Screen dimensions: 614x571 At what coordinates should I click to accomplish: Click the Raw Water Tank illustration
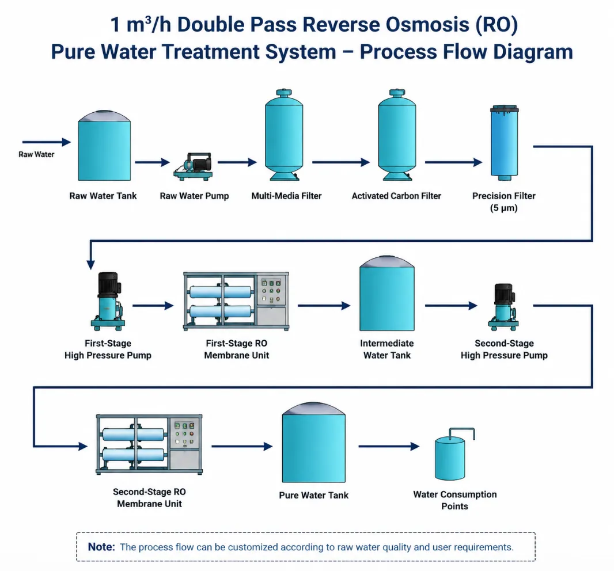[x=104, y=146]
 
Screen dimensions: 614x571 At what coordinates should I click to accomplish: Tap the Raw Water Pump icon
[x=194, y=166]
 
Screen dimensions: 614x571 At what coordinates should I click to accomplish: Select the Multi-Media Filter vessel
[x=284, y=135]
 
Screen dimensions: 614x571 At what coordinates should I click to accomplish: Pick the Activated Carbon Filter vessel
[x=397, y=135]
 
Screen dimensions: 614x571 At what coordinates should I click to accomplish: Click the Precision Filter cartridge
[x=505, y=143]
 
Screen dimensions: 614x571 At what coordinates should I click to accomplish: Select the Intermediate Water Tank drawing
[x=387, y=294]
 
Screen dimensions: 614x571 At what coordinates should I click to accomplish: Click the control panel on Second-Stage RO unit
[x=184, y=434]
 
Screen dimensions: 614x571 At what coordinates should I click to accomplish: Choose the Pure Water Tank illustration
[x=314, y=442]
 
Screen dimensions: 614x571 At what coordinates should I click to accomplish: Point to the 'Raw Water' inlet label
[x=36, y=155]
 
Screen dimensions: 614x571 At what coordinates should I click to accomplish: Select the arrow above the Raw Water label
[x=47, y=142]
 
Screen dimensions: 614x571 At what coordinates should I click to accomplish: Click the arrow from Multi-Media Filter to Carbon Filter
[x=341, y=162]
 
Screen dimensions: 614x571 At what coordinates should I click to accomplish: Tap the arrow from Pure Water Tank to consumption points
[x=389, y=446]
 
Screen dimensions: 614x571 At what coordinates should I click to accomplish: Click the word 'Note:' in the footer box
[x=101, y=547]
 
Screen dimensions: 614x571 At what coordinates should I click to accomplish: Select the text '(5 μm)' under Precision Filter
[x=504, y=208]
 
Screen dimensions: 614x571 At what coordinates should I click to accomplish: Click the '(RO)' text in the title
[x=496, y=25]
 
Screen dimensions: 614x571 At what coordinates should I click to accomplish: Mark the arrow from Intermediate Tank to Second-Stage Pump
[x=451, y=306]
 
